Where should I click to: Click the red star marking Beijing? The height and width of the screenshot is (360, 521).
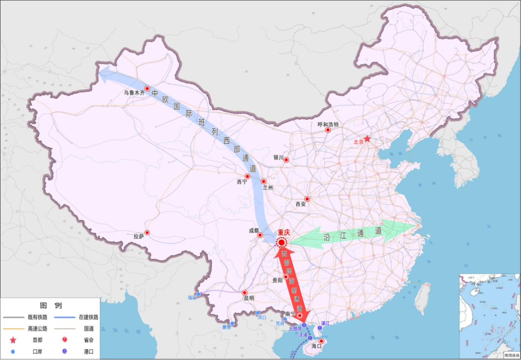(x=367, y=138)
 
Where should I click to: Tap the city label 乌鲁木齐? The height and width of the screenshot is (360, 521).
(x=134, y=93)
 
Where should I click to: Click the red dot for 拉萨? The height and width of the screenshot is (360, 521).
(x=147, y=233)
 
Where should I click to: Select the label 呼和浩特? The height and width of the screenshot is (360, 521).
(x=328, y=124)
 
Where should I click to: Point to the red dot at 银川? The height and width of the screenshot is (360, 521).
(x=286, y=160)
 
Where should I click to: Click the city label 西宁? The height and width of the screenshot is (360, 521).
(x=242, y=182)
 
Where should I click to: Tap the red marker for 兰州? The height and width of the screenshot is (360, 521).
(x=263, y=181)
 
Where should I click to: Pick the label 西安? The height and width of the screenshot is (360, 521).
(x=301, y=204)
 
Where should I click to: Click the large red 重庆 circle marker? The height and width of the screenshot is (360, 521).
(x=282, y=242)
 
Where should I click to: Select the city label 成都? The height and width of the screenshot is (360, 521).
(x=254, y=231)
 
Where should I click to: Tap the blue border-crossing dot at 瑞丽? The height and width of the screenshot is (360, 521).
(x=198, y=294)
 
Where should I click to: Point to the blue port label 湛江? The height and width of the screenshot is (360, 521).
(x=326, y=323)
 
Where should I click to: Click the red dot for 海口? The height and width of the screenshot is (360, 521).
(x=321, y=341)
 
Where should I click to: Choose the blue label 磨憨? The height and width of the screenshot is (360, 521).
(x=227, y=327)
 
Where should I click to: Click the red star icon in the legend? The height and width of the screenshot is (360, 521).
(x=13, y=340)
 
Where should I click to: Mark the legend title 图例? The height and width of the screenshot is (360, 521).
(x=51, y=305)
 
